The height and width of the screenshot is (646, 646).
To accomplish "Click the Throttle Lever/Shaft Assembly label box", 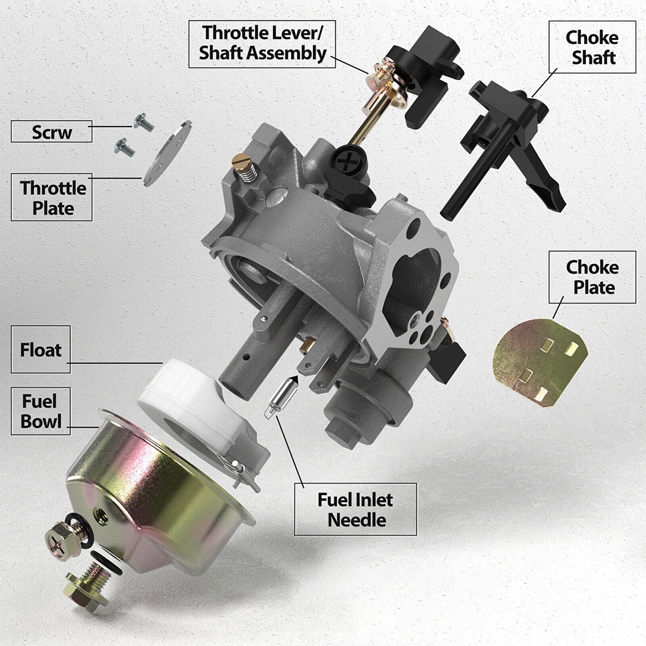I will pyautogui.click(x=263, y=43).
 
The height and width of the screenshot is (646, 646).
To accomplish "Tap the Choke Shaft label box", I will pyautogui.click(x=590, y=47).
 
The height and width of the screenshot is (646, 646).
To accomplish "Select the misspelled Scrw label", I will pyautogui.click(x=52, y=132).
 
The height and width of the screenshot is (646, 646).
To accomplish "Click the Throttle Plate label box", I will pyautogui.click(x=52, y=198).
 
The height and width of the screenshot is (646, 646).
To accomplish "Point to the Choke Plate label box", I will pyautogui.click(x=592, y=277).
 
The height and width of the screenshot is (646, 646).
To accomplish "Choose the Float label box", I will pyautogui.click(x=41, y=350).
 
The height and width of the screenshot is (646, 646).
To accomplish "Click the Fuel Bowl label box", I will pyautogui.click(x=41, y=412).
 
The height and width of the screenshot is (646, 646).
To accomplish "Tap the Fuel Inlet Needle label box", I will pyautogui.click(x=355, y=509).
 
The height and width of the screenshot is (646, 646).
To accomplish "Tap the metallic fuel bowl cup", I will pyautogui.click(x=161, y=490).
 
